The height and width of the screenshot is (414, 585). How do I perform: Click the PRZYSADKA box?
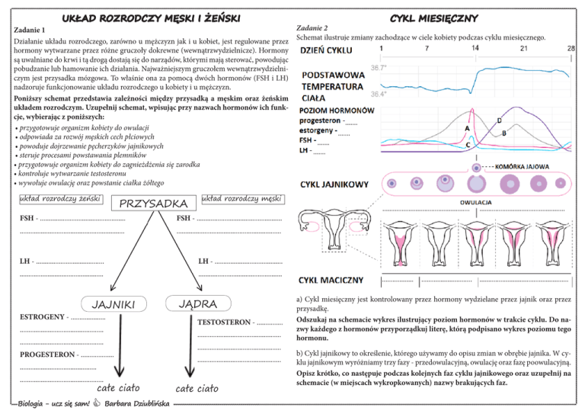[155, 204]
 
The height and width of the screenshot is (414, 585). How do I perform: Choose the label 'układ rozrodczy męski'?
[242, 198]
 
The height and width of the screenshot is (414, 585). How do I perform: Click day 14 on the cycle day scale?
[475, 48]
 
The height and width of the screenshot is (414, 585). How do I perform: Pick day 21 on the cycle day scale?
[523, 48]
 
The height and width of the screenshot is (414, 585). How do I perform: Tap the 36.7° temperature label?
[379, 68]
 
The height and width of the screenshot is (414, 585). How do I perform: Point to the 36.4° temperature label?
[379, 95]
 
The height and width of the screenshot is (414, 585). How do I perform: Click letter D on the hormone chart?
[499, 120]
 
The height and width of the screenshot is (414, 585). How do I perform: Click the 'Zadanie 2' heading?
[310, 27]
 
